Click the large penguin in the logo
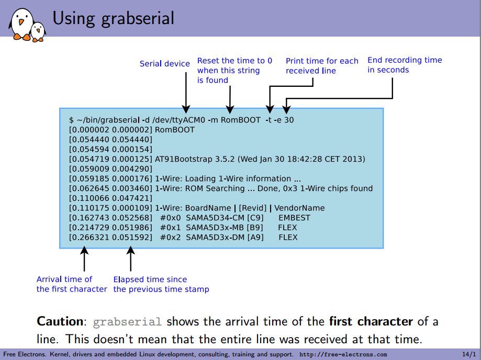click(21, 24)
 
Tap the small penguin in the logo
click(38, 32)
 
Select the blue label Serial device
click(164, 64)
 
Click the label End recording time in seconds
click(404, 65)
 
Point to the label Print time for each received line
click(321, 66)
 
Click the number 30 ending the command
click(289, 120)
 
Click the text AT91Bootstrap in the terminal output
click(182, 159)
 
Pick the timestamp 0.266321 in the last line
click(86, 237)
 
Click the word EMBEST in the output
click(294, 218)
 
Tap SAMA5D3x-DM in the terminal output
click(210, 237)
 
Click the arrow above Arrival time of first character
click(84, 259)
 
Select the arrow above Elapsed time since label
click(131, 259)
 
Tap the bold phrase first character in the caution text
click(371, 321)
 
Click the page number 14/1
click(469, 355)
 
